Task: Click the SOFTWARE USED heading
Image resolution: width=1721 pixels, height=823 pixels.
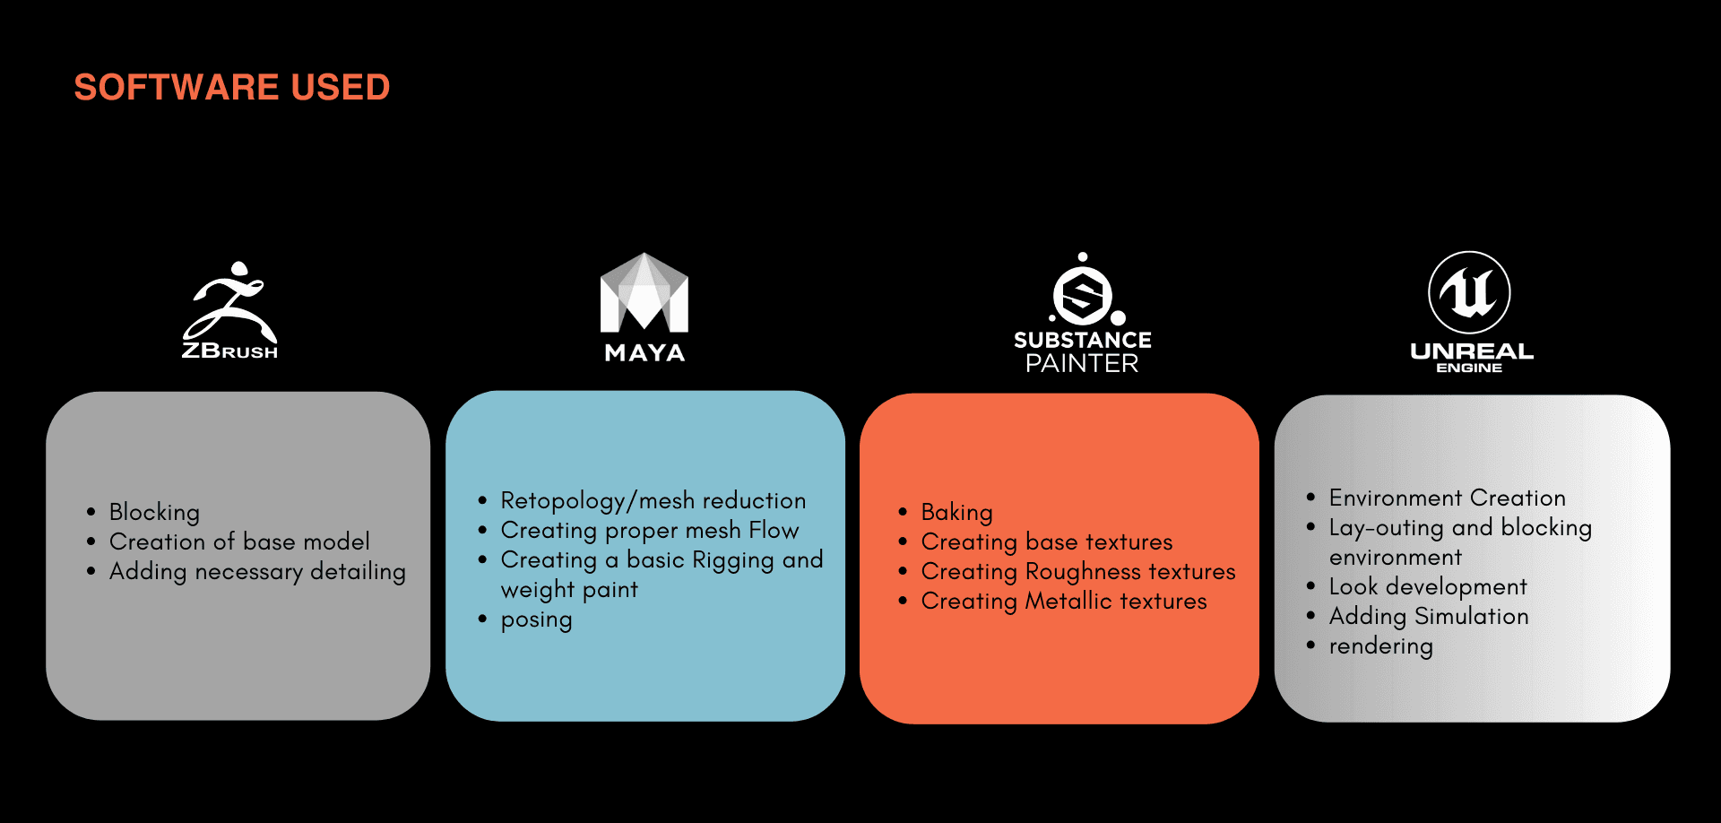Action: tap(231, 88)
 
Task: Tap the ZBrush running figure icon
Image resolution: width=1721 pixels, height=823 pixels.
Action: tap(229, 300)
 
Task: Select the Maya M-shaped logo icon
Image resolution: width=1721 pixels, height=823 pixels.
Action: tap(644, 292)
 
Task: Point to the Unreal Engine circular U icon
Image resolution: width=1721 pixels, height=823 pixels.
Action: tap(1469, 292)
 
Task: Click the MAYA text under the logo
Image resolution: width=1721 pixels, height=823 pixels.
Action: tap(644, 353)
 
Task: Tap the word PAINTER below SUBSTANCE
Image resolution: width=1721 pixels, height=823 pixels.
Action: tap(1082, 363)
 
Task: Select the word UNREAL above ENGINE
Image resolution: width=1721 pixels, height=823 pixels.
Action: tap(1471, 351)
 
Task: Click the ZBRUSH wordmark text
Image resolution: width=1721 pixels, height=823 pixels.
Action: tap(229, 351)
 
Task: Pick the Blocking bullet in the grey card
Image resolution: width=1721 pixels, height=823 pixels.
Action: tap(154, 512)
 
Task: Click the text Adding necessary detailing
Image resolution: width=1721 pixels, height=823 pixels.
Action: tap(257, 571)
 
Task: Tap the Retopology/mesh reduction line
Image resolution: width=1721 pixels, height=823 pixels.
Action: tap(653, 500)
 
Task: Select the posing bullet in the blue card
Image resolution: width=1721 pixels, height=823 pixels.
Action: tap(536, 619)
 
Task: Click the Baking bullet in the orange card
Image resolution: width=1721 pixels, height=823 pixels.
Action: tap(956, 512)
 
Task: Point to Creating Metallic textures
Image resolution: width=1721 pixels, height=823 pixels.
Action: tap(1064, 601)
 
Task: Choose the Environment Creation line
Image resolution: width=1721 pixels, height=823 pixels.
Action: tap(1447, 498)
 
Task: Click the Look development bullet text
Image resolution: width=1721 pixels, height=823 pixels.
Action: tap(1427, 586)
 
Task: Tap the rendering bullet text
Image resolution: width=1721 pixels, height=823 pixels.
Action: tap(1380, 645)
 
